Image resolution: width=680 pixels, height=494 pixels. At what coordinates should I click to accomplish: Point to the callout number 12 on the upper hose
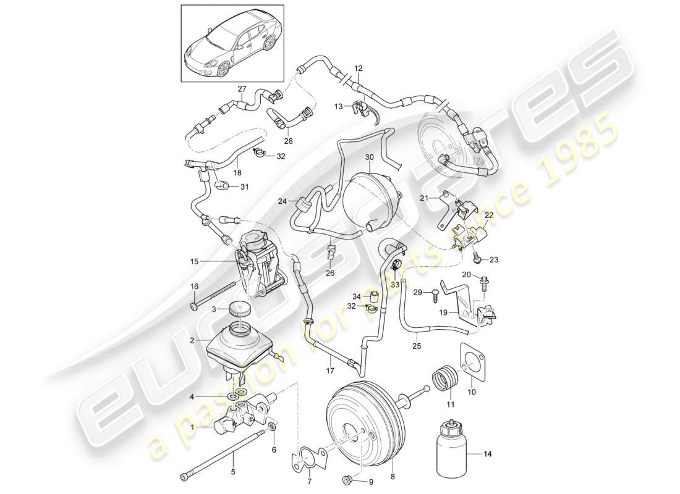[x=358, y=67]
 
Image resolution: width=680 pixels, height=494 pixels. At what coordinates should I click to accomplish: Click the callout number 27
[x=242, y=89]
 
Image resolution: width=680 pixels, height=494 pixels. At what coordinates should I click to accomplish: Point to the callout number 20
[x=483, y=275]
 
